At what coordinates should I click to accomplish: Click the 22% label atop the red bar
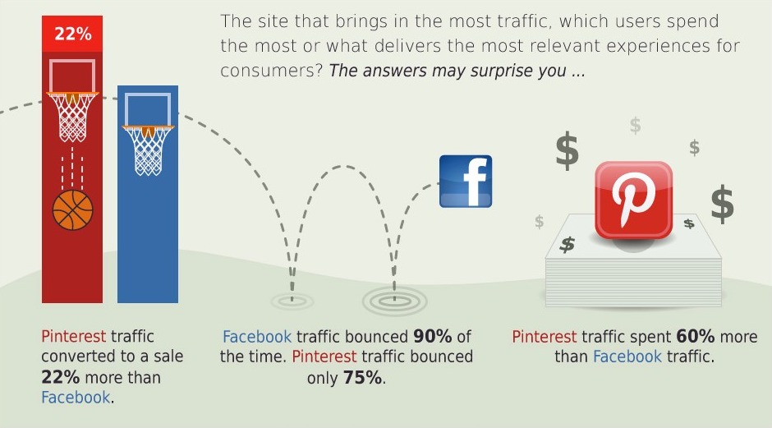[x=72, y=34]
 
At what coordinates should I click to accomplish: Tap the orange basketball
[x=72, y=210]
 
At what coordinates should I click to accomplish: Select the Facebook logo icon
[x=466, y=182]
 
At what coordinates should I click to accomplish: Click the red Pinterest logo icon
[x=634, y=200]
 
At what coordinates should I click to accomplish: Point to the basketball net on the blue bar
[x=148, y=150]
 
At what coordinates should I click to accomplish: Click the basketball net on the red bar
[x=72, y=117]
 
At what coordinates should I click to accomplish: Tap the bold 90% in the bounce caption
[x=432, y=336]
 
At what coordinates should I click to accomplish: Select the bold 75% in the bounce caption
[x=362, y=378]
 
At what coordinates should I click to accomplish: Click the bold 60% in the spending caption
[x=695, y=336]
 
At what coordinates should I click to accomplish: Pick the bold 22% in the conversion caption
[x=60, y=377]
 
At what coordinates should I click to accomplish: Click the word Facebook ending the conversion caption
[x=76, y=398]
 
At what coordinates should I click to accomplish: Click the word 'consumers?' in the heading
[x=271, y=71]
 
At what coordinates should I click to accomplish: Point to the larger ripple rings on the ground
[x=394, y=301]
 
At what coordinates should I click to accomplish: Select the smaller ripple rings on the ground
[x=292, y=301]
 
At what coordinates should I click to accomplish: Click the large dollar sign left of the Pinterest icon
[x=568, y=150]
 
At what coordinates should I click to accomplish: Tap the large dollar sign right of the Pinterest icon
[x=722, y=204]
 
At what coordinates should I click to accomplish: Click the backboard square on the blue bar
[x=148, y=109]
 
